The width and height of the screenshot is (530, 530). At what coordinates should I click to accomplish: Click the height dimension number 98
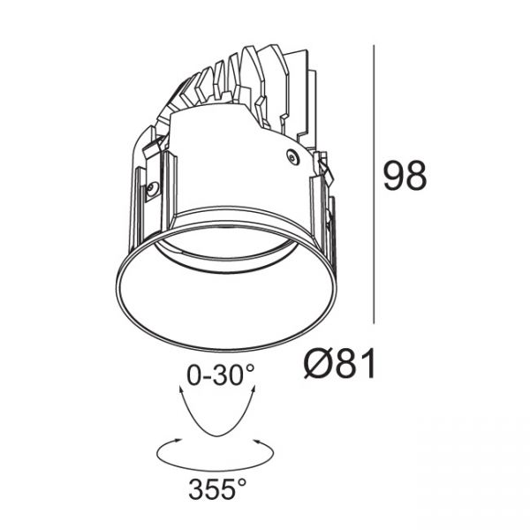pos(405,176)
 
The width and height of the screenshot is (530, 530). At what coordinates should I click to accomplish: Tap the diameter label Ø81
pos(339,364)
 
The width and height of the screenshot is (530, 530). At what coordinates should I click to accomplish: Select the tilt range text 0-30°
pos(221,375)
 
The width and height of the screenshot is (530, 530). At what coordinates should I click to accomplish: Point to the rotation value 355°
pos(217,489)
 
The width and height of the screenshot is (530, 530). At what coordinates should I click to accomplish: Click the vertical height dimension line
pos(374,185)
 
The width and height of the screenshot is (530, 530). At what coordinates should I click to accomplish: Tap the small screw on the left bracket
pos(154,186)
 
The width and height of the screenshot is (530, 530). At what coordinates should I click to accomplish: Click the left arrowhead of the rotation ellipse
pos(178,441)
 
